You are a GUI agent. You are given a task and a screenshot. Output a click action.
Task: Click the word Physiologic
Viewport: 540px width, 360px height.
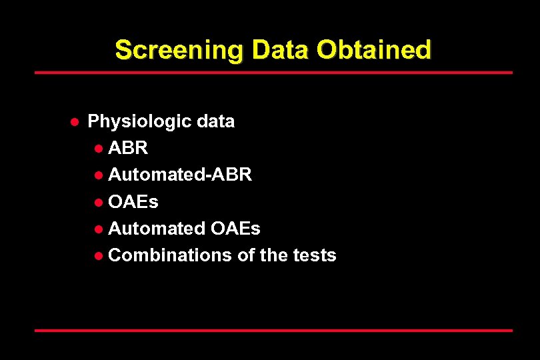point(140,122)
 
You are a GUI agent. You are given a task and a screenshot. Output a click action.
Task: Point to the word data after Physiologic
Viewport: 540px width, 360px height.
point(216,121)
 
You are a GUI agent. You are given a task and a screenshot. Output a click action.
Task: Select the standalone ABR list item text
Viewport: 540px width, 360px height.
point(128,148)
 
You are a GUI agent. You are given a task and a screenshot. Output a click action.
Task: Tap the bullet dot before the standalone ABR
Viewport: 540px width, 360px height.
point(99,149)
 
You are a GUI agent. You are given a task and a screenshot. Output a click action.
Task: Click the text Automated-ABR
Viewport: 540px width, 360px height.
point(180,175)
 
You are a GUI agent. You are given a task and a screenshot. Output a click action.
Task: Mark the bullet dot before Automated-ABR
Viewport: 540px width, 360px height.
point(99,175)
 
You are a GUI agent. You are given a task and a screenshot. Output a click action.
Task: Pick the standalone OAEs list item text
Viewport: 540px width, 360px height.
point(133,201)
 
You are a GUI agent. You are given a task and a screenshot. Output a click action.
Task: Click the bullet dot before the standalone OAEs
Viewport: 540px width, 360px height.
point(99,202)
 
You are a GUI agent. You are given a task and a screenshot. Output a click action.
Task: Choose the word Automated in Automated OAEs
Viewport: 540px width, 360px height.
point(157,228)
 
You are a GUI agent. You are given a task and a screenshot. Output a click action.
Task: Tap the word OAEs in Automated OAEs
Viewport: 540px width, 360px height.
point(235,228)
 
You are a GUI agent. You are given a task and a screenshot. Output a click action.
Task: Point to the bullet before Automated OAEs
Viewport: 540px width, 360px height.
point(99,229)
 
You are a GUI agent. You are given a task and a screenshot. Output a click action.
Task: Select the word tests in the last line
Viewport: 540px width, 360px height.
point(315,255)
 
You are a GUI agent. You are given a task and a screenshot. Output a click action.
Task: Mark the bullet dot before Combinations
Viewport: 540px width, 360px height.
point(99,255)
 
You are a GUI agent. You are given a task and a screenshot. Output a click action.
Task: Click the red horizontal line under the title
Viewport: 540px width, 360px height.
point(273,72)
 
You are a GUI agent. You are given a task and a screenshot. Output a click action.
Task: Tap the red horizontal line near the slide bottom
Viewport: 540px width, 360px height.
point(273,330)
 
